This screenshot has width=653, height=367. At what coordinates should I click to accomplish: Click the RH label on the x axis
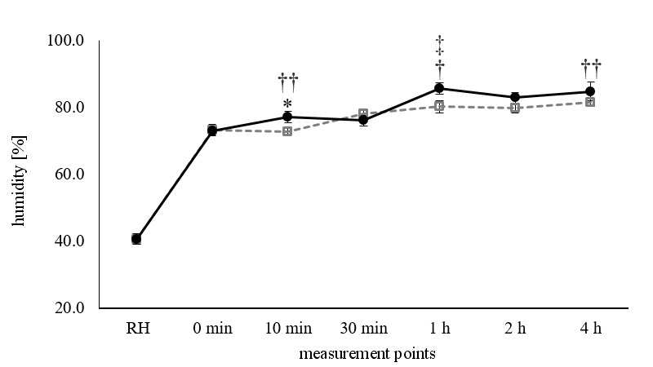pos(136,329)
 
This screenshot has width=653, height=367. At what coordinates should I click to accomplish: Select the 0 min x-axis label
pos(212,329)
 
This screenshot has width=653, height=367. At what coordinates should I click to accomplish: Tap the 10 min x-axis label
pos(287,329)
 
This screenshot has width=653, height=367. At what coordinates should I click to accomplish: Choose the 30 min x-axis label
pos(363,329)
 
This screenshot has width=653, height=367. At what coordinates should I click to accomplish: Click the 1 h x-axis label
pos(439,329)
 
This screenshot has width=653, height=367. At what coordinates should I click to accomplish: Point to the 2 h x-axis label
pos(515,329)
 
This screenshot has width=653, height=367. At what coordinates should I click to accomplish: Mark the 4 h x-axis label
pos(590,329)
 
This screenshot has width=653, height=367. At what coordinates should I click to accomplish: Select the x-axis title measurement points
pos(363,353)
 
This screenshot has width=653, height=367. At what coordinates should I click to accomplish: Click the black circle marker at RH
pos(136,239)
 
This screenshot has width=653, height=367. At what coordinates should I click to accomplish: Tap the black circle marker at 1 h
pos(439,88)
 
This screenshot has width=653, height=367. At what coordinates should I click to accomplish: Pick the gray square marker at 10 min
pos(287,130)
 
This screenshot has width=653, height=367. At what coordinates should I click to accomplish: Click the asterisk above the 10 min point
pos(287,104)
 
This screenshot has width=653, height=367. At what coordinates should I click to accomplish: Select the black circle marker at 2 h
pos(515,97)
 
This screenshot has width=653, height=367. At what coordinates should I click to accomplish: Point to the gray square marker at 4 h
pos(590,102)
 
